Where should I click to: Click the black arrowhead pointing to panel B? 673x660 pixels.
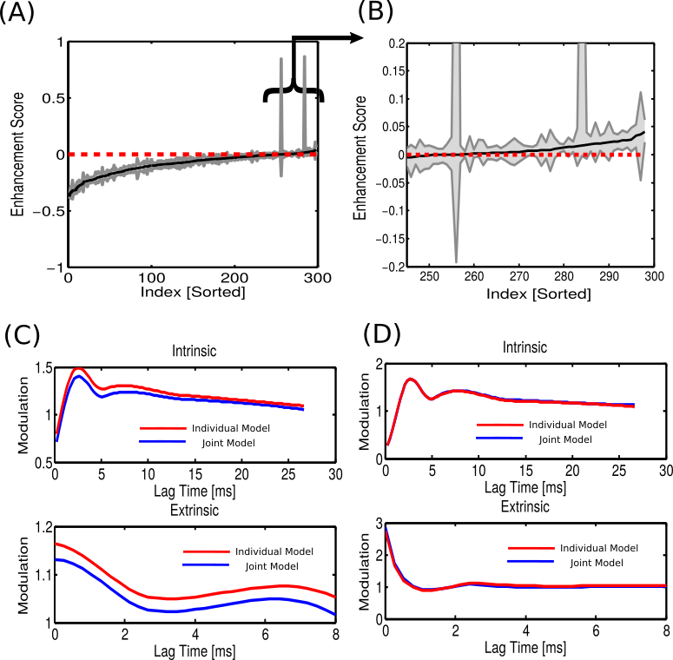(354, 37)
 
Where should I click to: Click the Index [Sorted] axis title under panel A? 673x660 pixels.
(193, 293)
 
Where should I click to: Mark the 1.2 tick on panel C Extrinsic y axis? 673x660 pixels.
(40, 526)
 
